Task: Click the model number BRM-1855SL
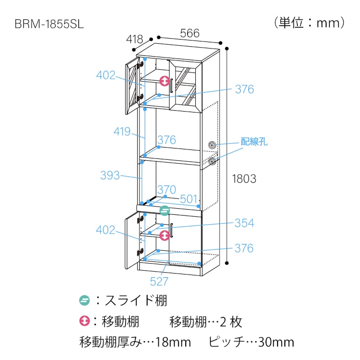[49, 24]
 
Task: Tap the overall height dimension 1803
[244, 179]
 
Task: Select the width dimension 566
[190, 33]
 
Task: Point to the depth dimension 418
[135, 39]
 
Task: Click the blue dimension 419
[122, 131]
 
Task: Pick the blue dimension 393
[110, 175]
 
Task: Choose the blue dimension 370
[166, 189]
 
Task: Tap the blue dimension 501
[189, 199]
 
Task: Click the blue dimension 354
[244, 223]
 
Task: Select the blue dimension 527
[159, 281]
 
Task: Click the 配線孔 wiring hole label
[254, 141]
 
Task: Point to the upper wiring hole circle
[212, 145]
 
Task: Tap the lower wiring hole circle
[212, 161]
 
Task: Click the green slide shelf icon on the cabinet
[165, 211]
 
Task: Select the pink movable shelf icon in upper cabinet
[165, 81]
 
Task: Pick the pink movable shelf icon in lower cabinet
[165, 235]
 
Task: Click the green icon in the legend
[85, 300]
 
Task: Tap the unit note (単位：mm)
[309, 23]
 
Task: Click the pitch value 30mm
[276, 342]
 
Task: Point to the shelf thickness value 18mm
[173, 342]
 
